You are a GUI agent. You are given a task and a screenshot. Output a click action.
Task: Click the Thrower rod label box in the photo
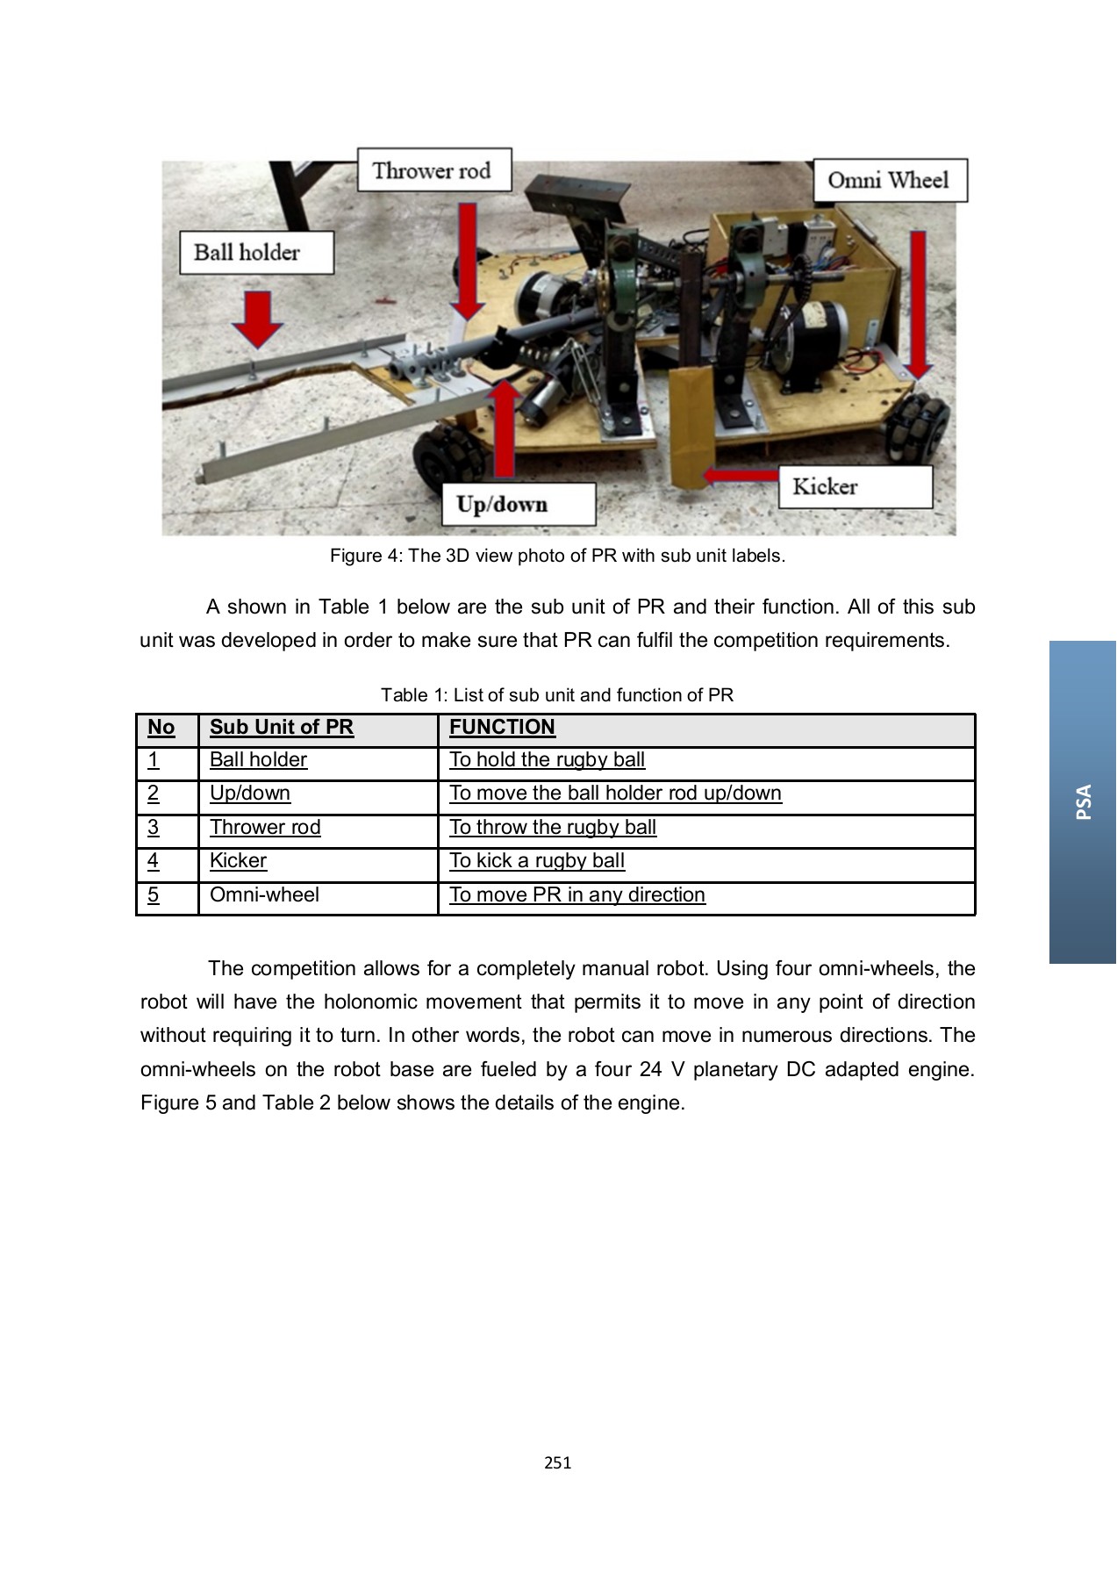point(433,170)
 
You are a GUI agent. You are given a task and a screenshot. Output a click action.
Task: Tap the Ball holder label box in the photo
point(256,253)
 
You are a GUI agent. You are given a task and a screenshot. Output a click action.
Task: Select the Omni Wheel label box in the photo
point(889,181)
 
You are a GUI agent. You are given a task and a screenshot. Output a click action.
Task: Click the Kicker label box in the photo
point(855,486)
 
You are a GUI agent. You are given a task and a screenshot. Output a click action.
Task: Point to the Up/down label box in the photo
point(519,505)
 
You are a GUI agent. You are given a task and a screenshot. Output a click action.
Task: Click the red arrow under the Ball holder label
point(257,320)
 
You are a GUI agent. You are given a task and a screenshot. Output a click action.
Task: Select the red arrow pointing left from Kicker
point(741,476)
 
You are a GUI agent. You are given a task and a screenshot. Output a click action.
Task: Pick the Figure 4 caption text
point(557,556)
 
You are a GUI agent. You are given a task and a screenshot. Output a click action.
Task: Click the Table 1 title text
point(556,695)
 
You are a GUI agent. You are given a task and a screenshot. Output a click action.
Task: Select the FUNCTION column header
point(502,728)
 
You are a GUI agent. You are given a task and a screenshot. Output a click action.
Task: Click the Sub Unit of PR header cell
point(282,728)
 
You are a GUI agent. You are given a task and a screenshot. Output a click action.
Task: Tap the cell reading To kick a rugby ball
point(537,861)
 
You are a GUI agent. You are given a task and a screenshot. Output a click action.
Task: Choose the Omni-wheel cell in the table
point(264,895)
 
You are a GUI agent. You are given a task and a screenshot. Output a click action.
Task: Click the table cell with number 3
point(154,828)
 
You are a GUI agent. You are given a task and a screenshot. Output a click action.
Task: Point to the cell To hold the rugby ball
point(547,760)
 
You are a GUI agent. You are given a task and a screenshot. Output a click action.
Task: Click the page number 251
point(557,1462)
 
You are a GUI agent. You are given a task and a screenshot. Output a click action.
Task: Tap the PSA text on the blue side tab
point(1084,801)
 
